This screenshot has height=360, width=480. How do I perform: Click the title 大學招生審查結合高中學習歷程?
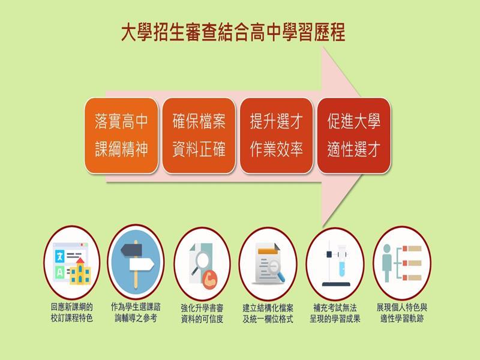[x=233, y=32]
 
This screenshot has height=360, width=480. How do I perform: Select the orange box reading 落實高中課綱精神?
[x=121, y=136]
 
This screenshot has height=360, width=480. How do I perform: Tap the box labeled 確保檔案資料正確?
[x=199, y=136]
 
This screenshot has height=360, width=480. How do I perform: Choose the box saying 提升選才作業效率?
[x=276, y=136]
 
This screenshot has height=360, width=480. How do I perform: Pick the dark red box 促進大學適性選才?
[x=353, y=136]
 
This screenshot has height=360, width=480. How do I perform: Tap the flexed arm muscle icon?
[x=209, y=280]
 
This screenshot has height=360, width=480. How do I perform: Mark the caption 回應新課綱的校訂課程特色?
[x=71, y=313]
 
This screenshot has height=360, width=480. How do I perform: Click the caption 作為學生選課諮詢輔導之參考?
[x=136, y=313]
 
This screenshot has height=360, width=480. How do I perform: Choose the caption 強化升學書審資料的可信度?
[x=202, y=313]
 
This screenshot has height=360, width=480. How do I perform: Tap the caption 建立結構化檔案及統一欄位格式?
[x=268, y=313]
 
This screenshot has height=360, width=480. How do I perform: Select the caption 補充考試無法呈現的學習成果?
[x=335, y=313]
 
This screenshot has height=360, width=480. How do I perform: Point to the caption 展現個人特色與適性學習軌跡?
[x=401, y=313]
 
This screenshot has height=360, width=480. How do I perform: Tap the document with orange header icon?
[x=269, y=263]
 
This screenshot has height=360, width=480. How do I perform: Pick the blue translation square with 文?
[x=59, y=256]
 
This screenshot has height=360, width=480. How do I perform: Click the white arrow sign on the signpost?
[x=142, y=265]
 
